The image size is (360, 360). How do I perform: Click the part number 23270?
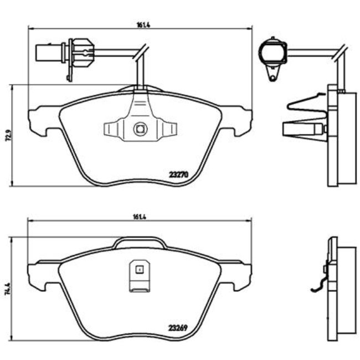click(179, 173)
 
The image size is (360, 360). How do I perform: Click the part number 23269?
click(179, 327)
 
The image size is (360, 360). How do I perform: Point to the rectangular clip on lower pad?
click(140, 276)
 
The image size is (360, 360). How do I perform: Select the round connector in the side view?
click(272, 52)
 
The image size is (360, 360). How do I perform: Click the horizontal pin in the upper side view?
click(301, 128)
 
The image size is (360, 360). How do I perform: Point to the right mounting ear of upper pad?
click(241, 117)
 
